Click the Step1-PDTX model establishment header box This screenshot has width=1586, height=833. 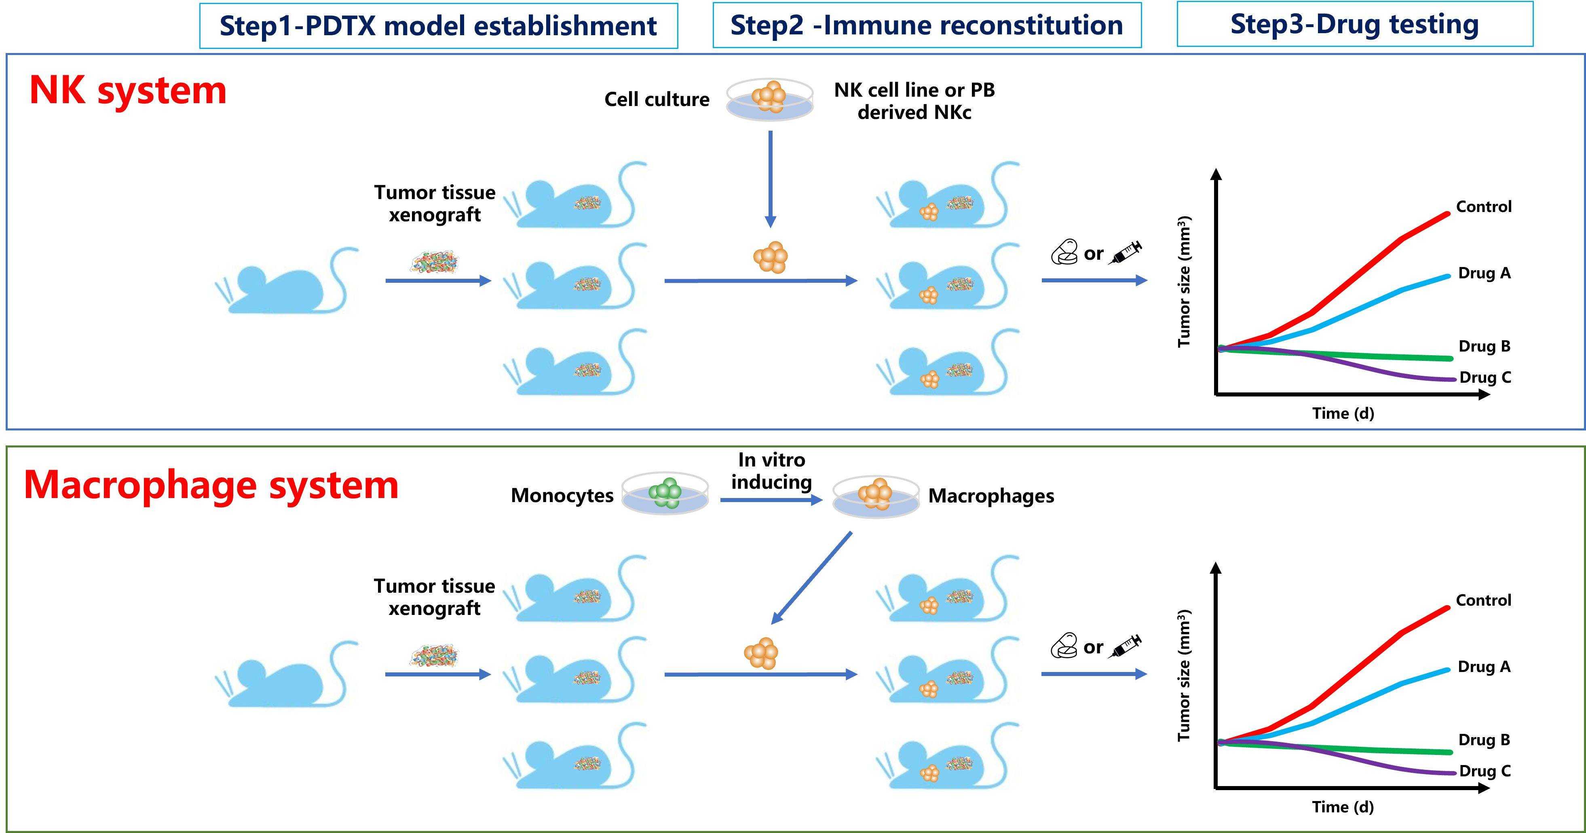(x=438, y=26)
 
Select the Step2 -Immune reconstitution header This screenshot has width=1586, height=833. (x=927, y=25)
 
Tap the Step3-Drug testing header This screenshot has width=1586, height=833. (x=1354, y=24)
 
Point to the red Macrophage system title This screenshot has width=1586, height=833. (x=211, y=485)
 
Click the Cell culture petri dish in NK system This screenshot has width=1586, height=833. (x=770, y=99)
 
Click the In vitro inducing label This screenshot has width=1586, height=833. (x=771, y=471)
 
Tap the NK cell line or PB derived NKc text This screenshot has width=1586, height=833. (x=914, y=101)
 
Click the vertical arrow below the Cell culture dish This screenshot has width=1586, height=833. (x=770, y=179)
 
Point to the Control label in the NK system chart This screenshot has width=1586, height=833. (x=1484, y=206)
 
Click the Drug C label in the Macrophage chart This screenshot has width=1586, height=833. (x=1485, y=771)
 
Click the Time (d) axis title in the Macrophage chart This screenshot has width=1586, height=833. (x=1343, y=807)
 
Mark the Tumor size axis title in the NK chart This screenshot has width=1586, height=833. (x=1184, y=282)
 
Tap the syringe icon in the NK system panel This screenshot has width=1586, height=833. (x=1126, y=252)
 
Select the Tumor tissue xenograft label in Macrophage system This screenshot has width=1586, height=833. (x=435, y=597)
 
